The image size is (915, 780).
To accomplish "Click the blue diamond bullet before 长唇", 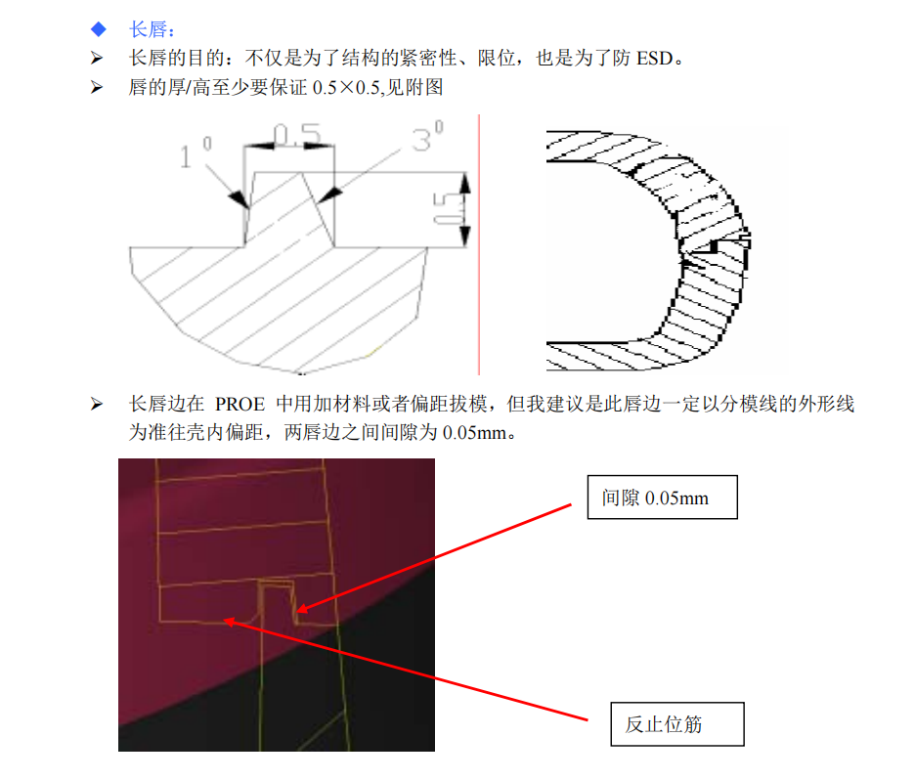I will coord(97,29).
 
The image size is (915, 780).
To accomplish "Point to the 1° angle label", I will coord(195,152).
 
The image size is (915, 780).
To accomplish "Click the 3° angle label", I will coord(426,140).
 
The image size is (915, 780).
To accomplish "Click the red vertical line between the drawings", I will coord(479,244).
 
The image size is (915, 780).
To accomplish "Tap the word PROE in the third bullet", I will coord(241,404).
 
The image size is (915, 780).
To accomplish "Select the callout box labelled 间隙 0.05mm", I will coord(661,498).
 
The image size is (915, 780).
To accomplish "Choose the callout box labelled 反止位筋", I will coord(676,724).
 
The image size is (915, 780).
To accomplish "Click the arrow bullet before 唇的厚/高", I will coord(96,87).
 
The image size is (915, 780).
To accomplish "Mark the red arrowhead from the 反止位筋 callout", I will coord(227,620).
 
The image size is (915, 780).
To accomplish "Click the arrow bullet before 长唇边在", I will coord(96,404).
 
